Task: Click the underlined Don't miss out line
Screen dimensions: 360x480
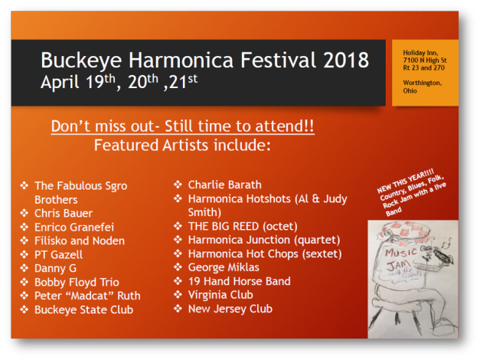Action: (x=182, y=126)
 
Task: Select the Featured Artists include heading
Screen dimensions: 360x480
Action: (x=182, y=144)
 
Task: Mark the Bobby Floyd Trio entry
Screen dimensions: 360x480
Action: (x=77, y=282)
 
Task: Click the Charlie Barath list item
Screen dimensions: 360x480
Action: (x=224, y=184)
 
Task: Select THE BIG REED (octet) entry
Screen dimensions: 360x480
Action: (x=242, y=226)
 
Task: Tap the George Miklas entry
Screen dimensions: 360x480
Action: (x=224, y=267)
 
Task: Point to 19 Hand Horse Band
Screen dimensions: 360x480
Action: (x=239, y=281)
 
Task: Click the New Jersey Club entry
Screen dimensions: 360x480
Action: (x=230, y=309)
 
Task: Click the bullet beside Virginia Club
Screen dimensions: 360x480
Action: (x=178, y=295)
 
